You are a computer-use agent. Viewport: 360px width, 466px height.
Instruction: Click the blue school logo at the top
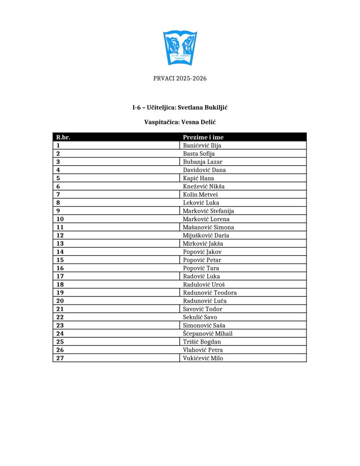coord(180,47)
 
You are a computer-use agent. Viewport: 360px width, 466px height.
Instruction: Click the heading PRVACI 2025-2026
coord(180,78)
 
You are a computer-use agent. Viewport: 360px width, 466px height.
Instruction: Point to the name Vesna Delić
coord(198,122)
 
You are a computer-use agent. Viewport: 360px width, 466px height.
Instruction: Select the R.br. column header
coord(63,137)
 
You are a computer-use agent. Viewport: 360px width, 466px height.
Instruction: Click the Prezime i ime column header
coord(203,137)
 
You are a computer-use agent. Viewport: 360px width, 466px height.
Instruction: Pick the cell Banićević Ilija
coord(202,146)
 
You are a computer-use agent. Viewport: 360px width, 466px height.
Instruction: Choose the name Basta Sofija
coord(198,154)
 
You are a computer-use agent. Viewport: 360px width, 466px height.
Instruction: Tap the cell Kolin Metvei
coord(200,194)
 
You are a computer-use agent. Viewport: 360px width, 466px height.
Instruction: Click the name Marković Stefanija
coord(208,211)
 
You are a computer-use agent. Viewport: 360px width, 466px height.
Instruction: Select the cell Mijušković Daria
coord(206,235)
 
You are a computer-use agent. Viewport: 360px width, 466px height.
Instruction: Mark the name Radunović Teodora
coord(209,293)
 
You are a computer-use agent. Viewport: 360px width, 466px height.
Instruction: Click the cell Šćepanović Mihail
coord(208,334)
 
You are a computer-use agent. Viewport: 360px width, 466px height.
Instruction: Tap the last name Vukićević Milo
coord(203,358)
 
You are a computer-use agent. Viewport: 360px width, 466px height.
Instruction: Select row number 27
coord(60,358)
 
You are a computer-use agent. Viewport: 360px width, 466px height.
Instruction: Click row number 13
coord(60,243)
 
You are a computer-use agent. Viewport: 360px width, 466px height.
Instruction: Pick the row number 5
coord(58,178)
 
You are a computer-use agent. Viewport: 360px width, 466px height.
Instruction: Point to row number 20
coord(60,301)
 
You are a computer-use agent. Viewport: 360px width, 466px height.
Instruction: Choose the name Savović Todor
coord(203,309)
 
